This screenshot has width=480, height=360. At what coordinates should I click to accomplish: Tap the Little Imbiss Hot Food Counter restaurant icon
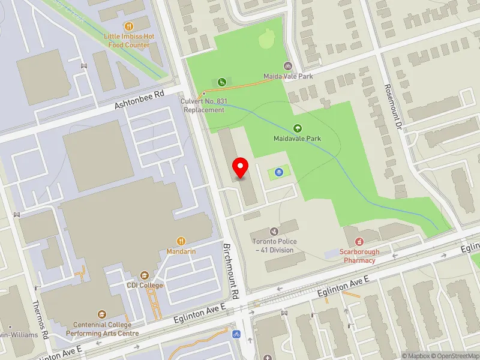128,26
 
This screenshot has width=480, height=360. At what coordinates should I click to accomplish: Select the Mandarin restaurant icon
181,241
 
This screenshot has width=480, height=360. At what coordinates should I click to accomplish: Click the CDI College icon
144,275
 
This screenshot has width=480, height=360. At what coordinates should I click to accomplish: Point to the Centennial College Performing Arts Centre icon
101,314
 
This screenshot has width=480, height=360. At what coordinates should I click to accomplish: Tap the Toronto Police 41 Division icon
274,231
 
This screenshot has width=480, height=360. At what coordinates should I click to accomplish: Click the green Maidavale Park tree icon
297,128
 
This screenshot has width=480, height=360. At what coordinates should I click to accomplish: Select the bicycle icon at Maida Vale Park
288,66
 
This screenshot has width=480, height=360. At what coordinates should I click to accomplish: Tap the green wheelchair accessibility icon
221,82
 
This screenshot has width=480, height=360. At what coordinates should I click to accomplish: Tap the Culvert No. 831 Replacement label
204,106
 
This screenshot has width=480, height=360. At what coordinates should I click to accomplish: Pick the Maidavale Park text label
297,139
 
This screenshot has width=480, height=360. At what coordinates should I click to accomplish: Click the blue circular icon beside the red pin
279,172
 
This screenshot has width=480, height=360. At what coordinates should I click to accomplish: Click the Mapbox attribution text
415,356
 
